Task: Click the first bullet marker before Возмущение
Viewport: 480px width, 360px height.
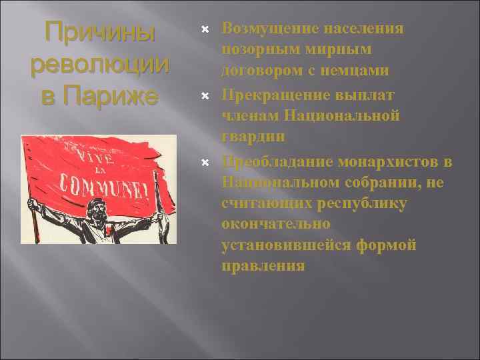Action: pyautogui.click(x=206, y=30)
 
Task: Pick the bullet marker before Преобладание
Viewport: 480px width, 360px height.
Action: pyautogui.click(x=206, y=162)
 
